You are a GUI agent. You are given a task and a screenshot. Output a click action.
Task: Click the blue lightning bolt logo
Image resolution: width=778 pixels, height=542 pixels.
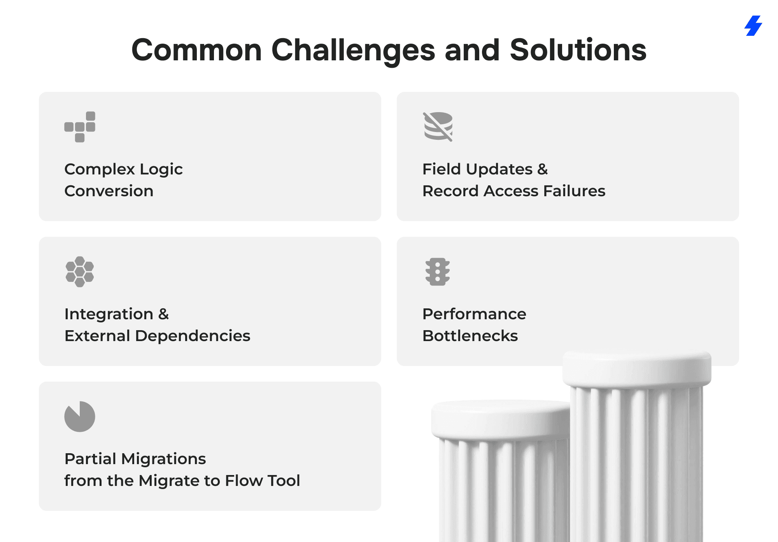pyautogui.click(x=753, y=26)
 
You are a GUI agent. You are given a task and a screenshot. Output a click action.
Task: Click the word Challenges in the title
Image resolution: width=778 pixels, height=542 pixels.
pyautogui.click(x=353, y=51)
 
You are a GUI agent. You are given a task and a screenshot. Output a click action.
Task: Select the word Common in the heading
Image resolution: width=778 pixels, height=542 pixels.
pyautogui.click(x=197, y=50)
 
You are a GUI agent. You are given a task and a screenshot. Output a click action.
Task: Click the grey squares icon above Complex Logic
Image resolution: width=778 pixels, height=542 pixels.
pyautogui.click(x=80, y=127)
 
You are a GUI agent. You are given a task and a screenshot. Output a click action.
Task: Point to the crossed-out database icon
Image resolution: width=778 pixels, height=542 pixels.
pyautogui.click(x=438, y=127)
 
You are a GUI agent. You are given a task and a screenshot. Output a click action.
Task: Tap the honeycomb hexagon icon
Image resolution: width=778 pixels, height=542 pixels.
pyautogui.click(x=80, y=272)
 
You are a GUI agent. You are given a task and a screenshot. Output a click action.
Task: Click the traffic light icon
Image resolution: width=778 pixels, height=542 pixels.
pyautogui.click(x=438, y=272)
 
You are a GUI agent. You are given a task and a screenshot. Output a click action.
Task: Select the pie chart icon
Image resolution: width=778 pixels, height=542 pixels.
pyautogui.click(x=80, y=417)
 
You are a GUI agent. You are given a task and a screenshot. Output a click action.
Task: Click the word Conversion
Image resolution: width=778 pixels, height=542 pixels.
pyautogui.click(x=109, y=191)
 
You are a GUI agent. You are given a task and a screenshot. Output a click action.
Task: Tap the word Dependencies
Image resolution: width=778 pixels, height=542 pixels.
pyautogui.click(x=193, y=336)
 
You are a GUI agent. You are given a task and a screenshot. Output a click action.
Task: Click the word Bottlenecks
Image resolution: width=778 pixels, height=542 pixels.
pyautogui.click(x=470, y=336)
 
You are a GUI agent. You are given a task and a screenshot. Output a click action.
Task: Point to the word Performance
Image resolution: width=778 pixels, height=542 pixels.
pyautogui.click(x=474, y=314)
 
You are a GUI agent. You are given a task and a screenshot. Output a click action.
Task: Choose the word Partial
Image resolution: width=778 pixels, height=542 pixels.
pyautogui.click(x=91, y=459)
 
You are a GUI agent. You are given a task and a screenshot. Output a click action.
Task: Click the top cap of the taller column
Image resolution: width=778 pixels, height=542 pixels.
pyautogui.click(x=637, y=368)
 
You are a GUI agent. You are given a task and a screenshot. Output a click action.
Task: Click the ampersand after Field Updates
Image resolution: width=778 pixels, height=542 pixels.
pyautogui.click(x=543, y=169)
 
